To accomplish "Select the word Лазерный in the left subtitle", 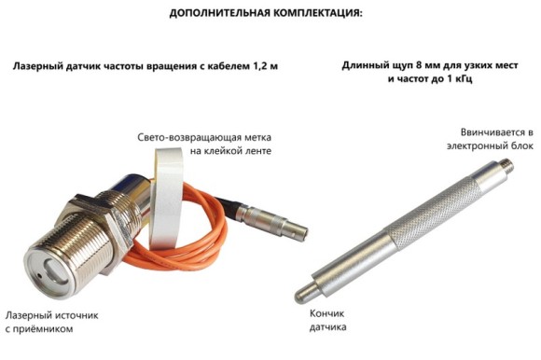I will tap(41, 67).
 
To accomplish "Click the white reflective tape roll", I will tap(169, 197).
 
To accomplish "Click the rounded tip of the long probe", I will tap(300, 295).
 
